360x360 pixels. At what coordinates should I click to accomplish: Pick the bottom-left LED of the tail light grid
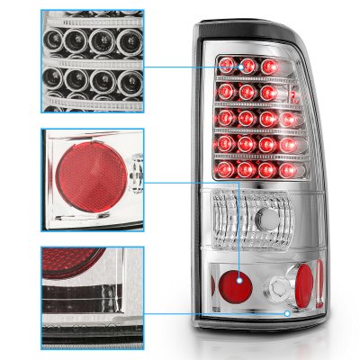223,170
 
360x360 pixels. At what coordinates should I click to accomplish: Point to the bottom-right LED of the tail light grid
292,170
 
